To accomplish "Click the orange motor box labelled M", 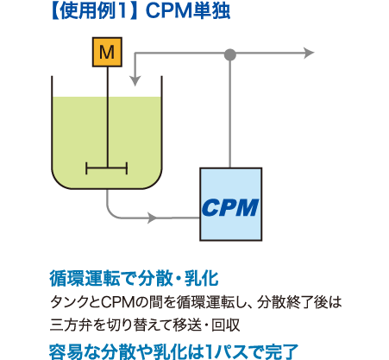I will click(x=107, y=53).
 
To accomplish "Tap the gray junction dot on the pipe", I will click(x=230, y=54).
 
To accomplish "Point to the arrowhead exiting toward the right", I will click(x=308, y=54).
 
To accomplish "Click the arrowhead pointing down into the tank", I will click(x=135, y=80).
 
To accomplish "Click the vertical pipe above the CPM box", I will click(x=230, y=112).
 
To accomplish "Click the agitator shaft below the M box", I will click(x=107, y=112).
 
